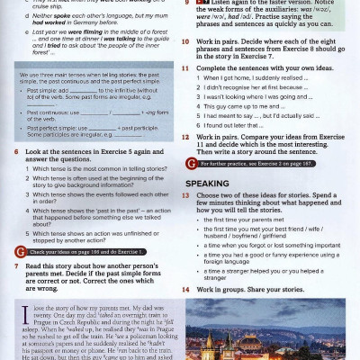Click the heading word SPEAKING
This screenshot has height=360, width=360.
pos(208,183)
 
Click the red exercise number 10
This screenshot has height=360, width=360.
pos(188,40)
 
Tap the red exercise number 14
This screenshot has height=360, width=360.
pos(188,289)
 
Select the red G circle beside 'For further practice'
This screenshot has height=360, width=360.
pos(191,165)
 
